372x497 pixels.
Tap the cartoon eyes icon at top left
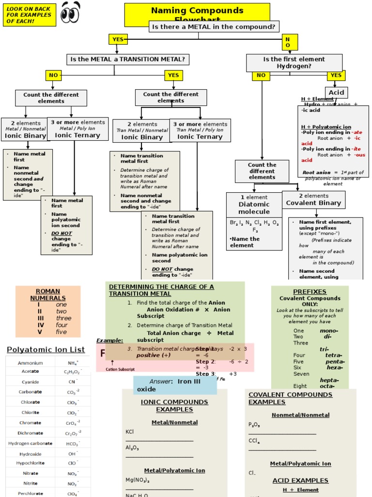(71, 13)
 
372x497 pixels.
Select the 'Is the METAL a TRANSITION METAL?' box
(127, 60)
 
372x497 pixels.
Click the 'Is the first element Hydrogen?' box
(294, 63)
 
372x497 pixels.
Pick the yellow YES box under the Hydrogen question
(336, 75)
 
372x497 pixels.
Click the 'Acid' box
(336, 92)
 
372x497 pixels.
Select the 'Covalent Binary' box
(313, 199)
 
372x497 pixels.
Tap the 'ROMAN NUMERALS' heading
(48, 295)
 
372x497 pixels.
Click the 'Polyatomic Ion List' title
(46, 349)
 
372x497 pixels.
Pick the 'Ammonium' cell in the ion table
(30, 363)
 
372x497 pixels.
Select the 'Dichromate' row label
(30, 433)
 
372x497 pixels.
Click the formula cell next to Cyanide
(73, 382)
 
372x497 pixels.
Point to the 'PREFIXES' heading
(310, 292)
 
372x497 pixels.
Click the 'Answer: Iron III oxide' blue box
(175, 385)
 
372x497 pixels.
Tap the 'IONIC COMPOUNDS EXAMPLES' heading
(174, 406)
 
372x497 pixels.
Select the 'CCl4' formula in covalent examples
(254, 441)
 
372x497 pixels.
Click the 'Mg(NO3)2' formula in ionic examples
(138, 480)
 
